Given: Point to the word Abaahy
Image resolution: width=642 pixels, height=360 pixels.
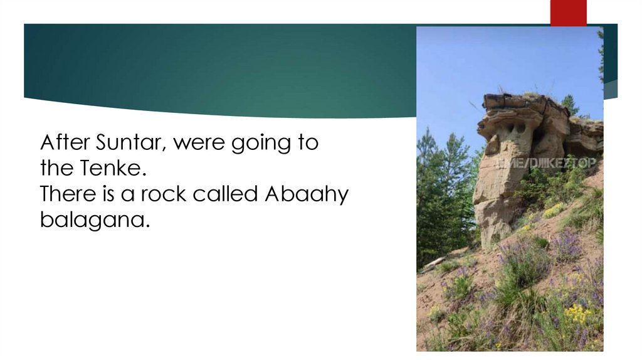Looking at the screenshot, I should tap(307, 194).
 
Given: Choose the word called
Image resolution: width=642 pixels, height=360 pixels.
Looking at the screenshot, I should tap(226, 194).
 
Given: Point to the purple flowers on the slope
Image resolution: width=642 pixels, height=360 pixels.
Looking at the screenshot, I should tap(567, 245).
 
